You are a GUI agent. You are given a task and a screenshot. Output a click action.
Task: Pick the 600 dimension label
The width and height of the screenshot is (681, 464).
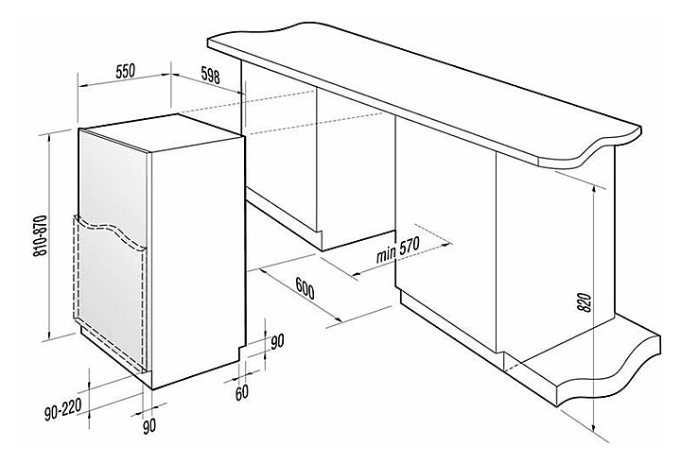[305, 287]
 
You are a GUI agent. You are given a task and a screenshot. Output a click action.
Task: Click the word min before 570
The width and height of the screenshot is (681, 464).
[386, 255]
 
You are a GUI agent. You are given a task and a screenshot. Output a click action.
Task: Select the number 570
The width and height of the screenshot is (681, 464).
[409, 248]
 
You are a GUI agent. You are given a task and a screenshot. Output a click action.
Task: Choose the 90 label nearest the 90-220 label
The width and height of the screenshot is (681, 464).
[148, 426]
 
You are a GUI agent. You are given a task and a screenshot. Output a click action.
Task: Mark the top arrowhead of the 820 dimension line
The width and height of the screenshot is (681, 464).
[594, 186]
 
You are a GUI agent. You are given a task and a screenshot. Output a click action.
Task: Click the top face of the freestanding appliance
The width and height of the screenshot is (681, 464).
[161, 129]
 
